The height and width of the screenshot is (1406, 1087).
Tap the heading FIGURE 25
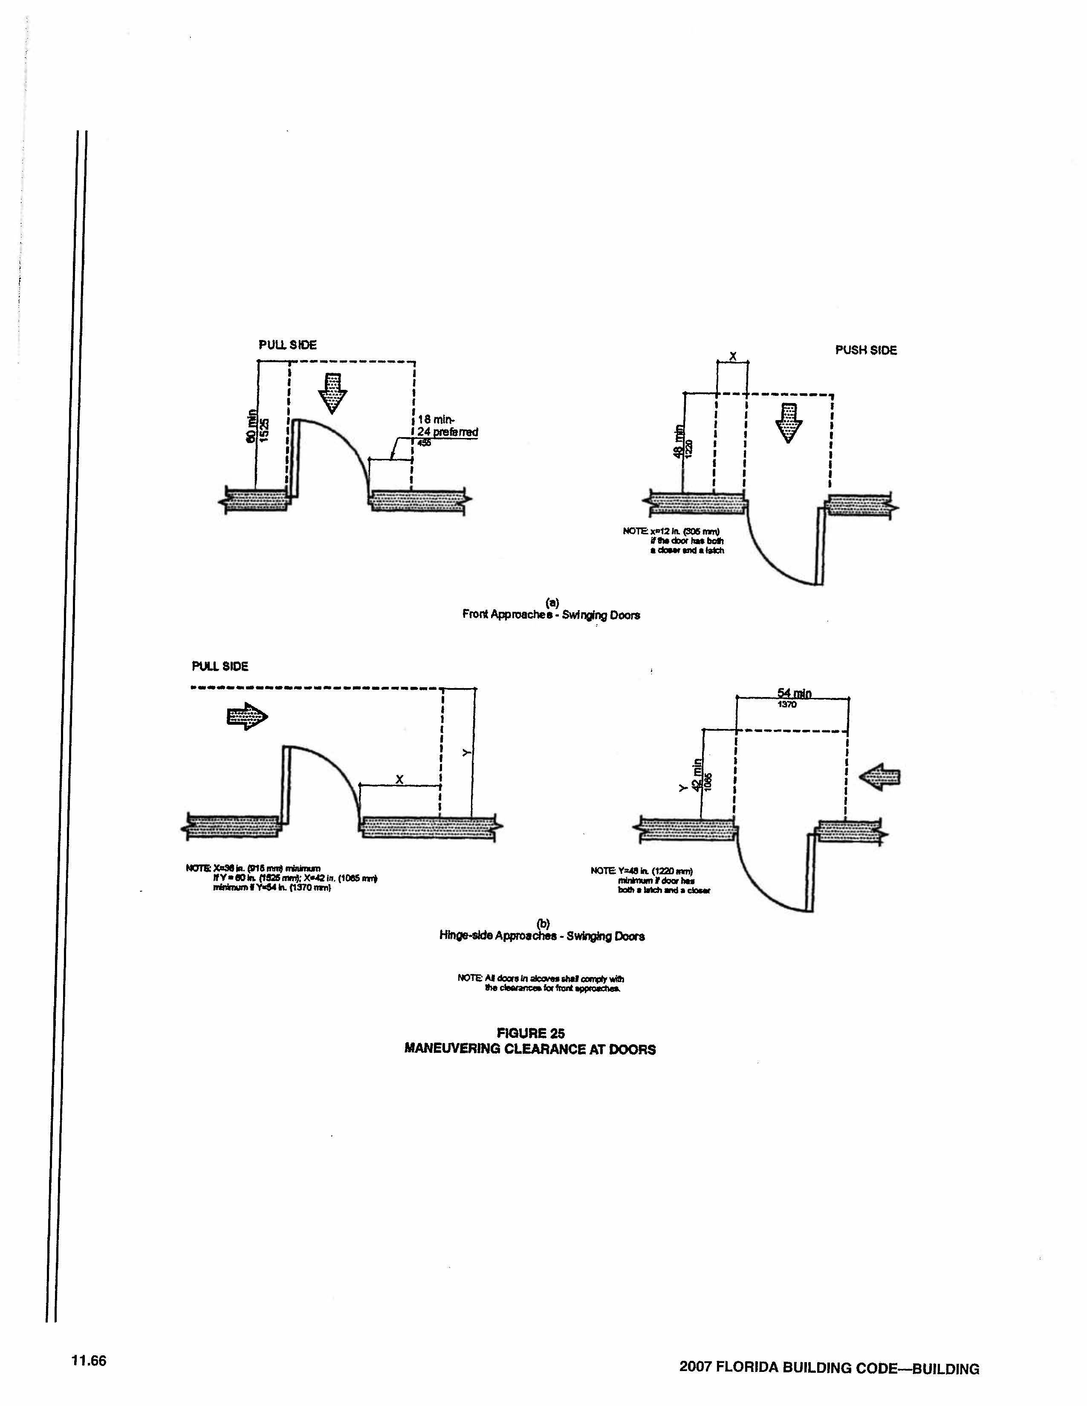(531, 1033)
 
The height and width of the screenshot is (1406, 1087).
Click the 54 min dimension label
(794, 693)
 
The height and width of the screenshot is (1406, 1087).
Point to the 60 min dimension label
(251, 426)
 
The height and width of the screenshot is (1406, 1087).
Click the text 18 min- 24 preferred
(448, 426)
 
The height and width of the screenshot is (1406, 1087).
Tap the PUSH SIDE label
(865, 350)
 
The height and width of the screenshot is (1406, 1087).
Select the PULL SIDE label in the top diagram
(287, 345)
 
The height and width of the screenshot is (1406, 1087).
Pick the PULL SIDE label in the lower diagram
(220, 666)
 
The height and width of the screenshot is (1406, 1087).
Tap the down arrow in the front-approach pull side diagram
(333, 392)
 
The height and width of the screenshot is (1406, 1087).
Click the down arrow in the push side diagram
(788, 422)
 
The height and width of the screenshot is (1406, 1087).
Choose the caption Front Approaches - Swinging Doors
(551, 614)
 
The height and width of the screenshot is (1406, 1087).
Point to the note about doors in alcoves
(541, 983)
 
